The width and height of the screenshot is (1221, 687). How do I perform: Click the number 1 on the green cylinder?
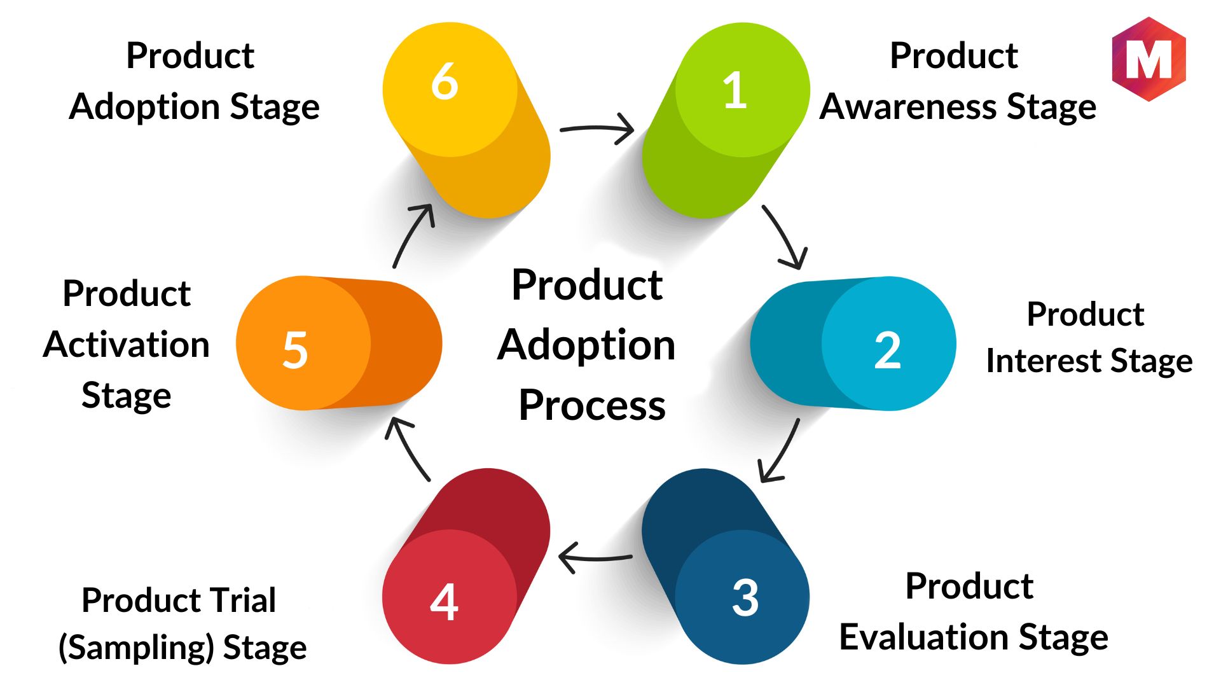pyautogui.click(x=735, y=90)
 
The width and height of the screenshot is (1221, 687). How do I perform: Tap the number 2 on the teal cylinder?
pyautogui.click(x=887, y=350)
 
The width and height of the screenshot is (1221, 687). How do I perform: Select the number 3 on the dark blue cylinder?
pyautogui.click(x=745, y=597)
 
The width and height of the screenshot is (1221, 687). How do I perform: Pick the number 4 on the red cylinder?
pyautogui.click(x=444, y=602)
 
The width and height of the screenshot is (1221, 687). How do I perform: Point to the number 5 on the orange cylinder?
pyautogui.click(x=295, y=350)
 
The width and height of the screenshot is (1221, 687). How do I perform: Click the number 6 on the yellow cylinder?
pyautogui.click(x=445, y=81)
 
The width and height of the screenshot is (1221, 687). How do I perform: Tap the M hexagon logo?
pyautogui.click(x=1149, y=59)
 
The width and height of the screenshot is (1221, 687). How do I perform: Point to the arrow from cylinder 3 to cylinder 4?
pyautogui.click(x=595, y=558)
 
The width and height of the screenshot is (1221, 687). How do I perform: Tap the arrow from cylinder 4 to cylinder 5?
pyautogui.click(x=407, y=448)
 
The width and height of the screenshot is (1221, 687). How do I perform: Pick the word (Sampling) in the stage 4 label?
pyautogui.click(x=135, y=648)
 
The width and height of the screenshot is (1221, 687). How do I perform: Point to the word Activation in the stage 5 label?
pyautogui.click(x=127, y=345)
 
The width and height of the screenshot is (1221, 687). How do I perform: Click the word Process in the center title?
pyautogui.click(x=592, y=405)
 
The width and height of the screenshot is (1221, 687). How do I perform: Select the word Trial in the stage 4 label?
pyautogui.click(x=243, y=600)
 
